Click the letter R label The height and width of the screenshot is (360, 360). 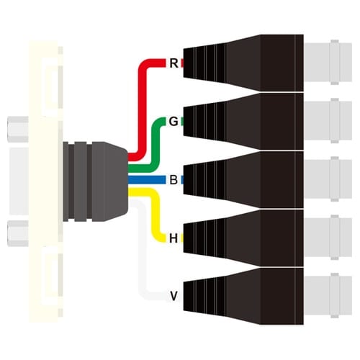[174, 63]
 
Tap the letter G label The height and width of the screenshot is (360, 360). [174, 122]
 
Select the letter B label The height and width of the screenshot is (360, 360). [174, 180]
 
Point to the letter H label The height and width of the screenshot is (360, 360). [174, 238]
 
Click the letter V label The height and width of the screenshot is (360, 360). [174, 296]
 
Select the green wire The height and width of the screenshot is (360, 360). [156, 144]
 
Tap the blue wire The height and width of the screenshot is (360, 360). [147, 180]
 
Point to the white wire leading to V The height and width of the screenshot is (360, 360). [143, 252]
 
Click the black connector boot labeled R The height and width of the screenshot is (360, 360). [243, 63]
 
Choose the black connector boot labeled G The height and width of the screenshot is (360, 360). [243, 122]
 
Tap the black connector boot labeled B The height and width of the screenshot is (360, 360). [243, 180]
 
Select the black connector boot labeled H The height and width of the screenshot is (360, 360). [243, 238]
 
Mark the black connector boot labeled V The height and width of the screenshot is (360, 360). [243, 297]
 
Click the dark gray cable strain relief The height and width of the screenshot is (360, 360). [96, 181]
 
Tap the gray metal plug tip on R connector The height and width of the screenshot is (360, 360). [328, 63]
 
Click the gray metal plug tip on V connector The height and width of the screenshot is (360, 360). [328, 296]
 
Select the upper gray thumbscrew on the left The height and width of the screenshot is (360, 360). [18, 129]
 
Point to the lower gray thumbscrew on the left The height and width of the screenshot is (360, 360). [18, 233]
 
